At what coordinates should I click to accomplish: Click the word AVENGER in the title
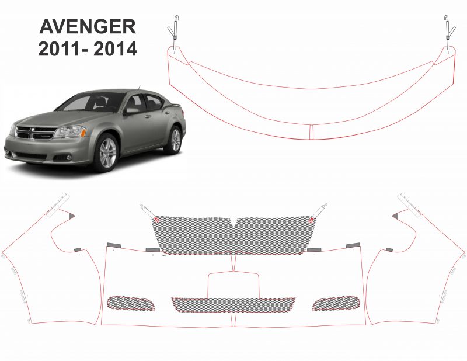pos(88,26)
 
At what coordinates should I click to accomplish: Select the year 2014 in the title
pos(115,48)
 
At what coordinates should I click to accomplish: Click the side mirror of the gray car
pos(132,111)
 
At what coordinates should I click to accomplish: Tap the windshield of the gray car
pos(91,102)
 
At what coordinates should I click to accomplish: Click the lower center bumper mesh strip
pos(233,305)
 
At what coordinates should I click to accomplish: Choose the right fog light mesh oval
pos(336,303)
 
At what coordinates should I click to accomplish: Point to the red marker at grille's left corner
pos(156,220)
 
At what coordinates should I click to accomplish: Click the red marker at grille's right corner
pos(311,220)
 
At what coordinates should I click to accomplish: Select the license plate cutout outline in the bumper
pos(233,272)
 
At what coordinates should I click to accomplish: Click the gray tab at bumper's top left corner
pos(114,245)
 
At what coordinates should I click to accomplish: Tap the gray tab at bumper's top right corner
pos(353,245)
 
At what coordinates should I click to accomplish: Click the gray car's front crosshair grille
pos(36,133)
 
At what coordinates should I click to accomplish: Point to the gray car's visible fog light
pos(69,157)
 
